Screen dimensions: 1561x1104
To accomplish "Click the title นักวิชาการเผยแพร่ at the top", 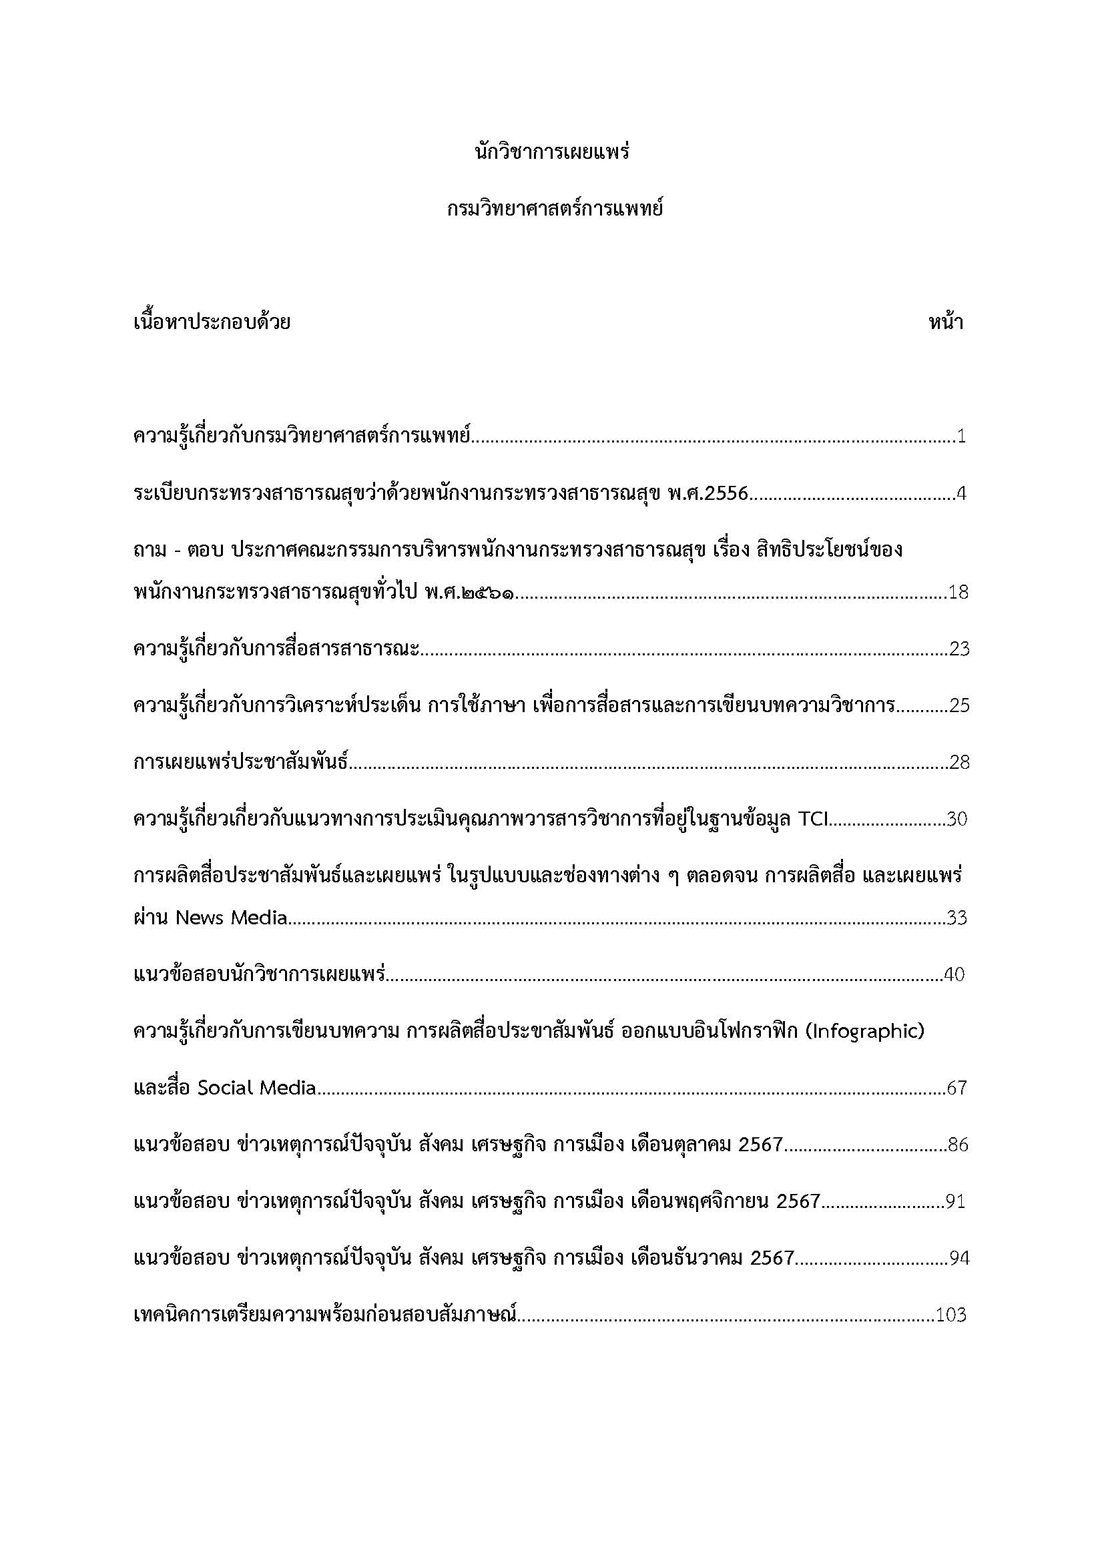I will [x=552, y=151].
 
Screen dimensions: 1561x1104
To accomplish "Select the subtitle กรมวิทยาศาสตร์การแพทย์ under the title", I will [x=552, y=208].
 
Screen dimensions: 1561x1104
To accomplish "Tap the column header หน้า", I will [x=946, y=322].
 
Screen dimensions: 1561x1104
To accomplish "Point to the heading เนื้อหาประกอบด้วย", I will [x=212, y=322].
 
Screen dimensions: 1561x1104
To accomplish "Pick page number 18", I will [x=958, y=592].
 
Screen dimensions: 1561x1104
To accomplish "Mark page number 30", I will [x=957, y=820].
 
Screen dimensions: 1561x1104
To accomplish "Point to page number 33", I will [x=957, y=918].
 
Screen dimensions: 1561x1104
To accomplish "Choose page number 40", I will [x=954, y=975].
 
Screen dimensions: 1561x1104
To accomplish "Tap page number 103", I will [x=951, y=1315].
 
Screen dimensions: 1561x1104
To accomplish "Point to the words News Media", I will [x=232, y=918].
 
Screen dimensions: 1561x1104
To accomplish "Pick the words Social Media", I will [x=257, y=1088].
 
